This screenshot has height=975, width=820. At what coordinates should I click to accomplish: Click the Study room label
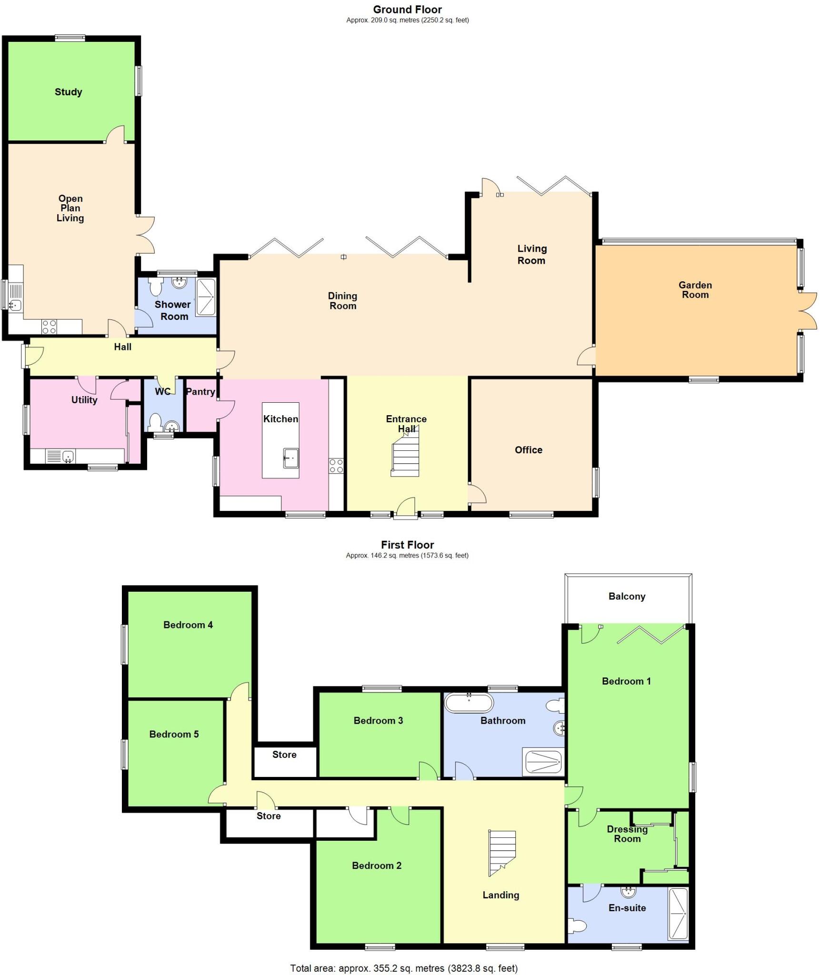(68, 92)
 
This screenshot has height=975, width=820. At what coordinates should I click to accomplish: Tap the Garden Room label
(695, 289)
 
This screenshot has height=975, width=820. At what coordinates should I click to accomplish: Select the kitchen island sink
(290, 458)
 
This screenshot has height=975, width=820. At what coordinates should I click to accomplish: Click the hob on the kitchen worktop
(336, 466)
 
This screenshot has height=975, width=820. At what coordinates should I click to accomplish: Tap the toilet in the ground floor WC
(155, 422)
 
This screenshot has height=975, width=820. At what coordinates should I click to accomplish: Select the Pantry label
(200, 391)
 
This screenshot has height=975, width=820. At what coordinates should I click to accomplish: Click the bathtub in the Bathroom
(469, 702)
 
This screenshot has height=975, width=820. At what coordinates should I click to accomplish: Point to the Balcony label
(627, 596)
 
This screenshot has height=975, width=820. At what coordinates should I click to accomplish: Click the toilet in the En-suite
(578, 926)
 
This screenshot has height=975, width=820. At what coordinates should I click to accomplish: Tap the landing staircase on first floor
(502, 853)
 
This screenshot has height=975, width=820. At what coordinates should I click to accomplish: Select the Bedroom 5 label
(174, 734)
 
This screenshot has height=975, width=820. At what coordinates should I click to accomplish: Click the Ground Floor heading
(407, 10)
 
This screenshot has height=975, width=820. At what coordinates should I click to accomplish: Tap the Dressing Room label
(627, 834)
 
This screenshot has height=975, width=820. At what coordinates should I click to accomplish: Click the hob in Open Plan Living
(49, 327)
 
